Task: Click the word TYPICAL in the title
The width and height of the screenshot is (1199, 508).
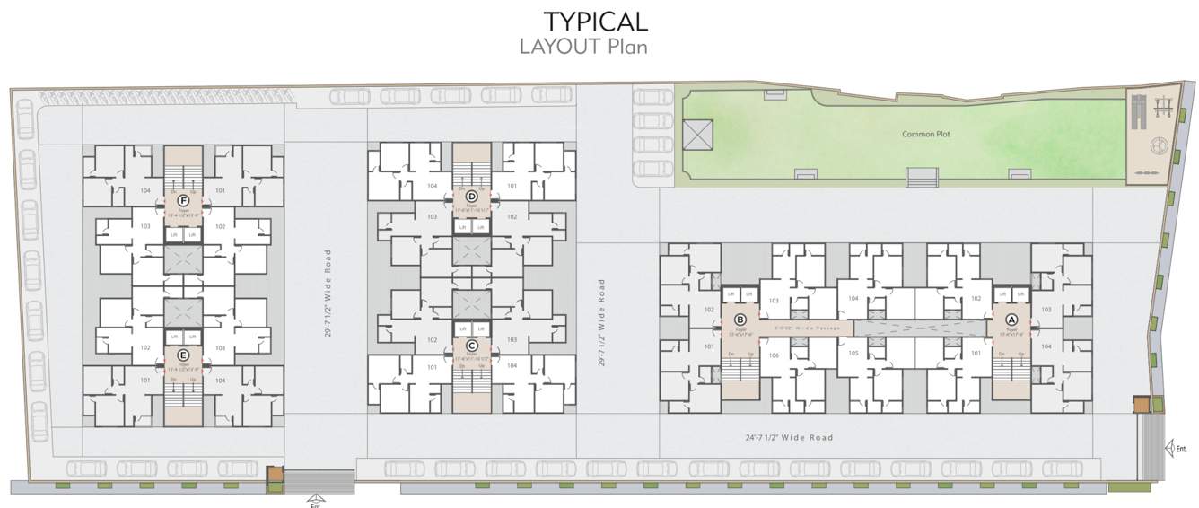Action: click(595, 22)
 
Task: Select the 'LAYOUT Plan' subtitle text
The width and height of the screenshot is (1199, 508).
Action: click(583, 47)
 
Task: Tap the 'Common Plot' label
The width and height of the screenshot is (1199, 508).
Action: click(925, 134)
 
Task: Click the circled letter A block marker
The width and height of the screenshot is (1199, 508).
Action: click(1011, 319)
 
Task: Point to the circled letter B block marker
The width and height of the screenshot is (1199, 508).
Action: click(740, 319)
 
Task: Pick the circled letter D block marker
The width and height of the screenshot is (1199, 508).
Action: click(471, 195)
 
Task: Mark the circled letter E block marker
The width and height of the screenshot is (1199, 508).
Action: click(183, 354)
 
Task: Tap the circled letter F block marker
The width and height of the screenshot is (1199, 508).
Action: click(183, 199)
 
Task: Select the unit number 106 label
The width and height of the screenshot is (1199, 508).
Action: click(774, 354)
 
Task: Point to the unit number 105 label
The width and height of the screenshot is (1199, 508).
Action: click(853, 354)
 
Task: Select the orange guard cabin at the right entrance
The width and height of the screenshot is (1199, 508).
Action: click(1140, 405)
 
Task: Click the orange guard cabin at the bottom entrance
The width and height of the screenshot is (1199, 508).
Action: click(275, 476)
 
